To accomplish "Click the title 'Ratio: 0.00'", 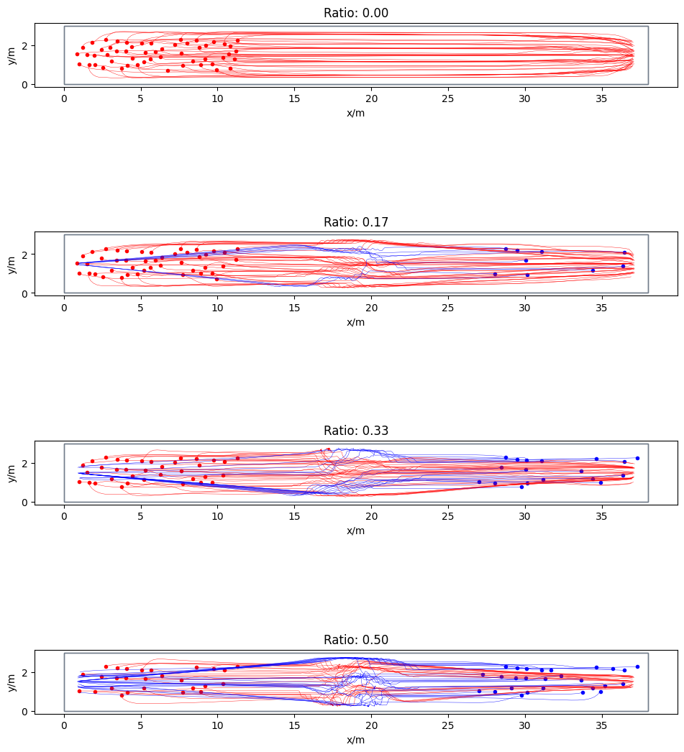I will pos(356,12).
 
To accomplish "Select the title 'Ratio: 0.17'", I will pos(356,221).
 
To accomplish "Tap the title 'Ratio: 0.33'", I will pos(356,431).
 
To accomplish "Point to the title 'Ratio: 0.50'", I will pos(356,640).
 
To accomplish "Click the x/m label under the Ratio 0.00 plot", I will pos(356,113).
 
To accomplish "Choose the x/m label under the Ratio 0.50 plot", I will pos(356,740).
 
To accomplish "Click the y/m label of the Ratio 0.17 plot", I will pos(12,262).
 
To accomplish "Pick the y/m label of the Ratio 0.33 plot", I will pos(12,472).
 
